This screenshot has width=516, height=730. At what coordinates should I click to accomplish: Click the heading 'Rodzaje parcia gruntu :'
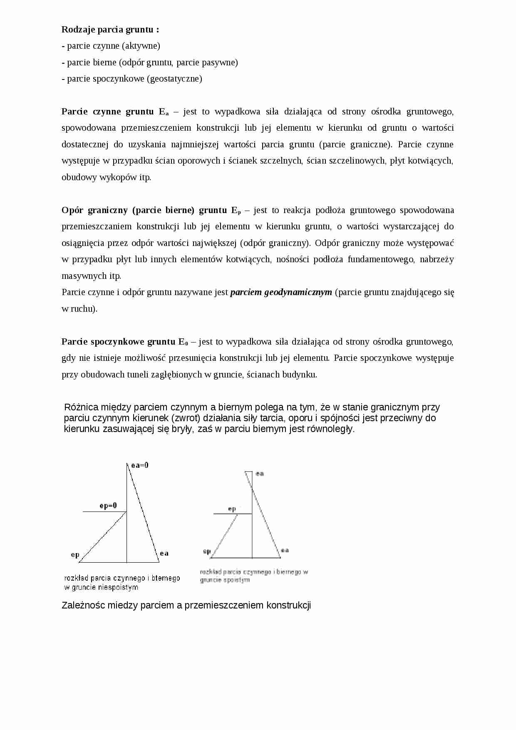pyautogui.click(x=110, y=30)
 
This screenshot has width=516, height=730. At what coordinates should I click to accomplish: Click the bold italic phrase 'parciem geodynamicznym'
pyautogui.click(x=281, y=292)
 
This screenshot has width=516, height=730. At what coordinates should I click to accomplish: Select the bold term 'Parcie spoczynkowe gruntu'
pyautogui.click(x=118, y=342)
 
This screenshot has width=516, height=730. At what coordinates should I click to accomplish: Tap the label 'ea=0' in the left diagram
pyautogui.click(x=140, y=465)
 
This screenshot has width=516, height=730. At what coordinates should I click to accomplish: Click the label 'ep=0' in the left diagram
pyautogui.click(x=108, y=506)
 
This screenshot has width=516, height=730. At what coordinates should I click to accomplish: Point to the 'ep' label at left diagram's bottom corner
pyautogui.click(x=75, y=554)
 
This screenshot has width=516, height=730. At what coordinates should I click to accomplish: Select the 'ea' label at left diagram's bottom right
pyautogui.click(x=164, y=553)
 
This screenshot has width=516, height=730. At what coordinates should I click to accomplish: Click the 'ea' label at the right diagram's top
pyautogui.click(x=260, y=474)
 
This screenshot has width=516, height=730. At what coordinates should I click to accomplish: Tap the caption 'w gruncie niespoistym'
pyautogui.click(x=101, y=587)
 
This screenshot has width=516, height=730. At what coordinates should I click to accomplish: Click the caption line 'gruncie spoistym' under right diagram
pyautogui.click(x=225, y=580)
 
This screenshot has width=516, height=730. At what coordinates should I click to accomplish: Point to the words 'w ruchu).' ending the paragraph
pyautogui.click(x=79, y=309)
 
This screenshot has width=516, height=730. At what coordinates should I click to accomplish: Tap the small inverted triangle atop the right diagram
pyautogui.click(x=248, y=474)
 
